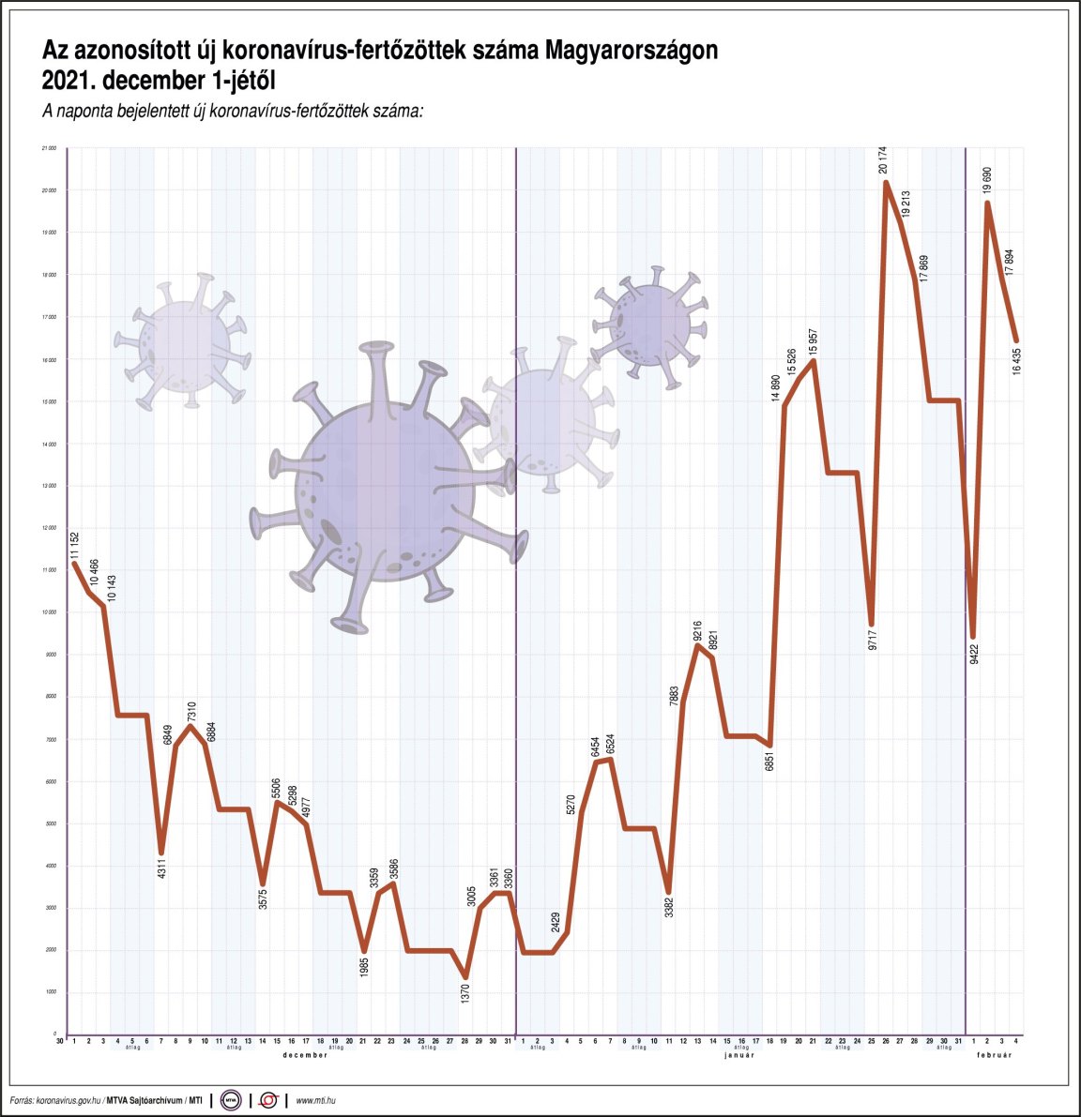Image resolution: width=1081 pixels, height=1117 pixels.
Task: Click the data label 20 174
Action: coord(882,159)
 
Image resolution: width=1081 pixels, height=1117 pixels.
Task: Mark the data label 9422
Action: coord(974,654)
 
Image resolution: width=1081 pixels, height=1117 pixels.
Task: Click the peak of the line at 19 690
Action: coord(987,203)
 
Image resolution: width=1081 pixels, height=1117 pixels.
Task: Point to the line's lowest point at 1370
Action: coord(465,977)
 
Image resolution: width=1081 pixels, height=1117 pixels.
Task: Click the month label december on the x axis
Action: coord(305,1056)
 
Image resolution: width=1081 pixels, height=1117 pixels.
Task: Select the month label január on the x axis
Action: coord(739,1056)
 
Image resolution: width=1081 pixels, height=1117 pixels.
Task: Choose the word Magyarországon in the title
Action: coord(632,50)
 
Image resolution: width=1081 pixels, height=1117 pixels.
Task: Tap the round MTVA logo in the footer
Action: coord(231,1099)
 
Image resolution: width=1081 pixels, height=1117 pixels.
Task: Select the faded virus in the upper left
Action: coord(184,341)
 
